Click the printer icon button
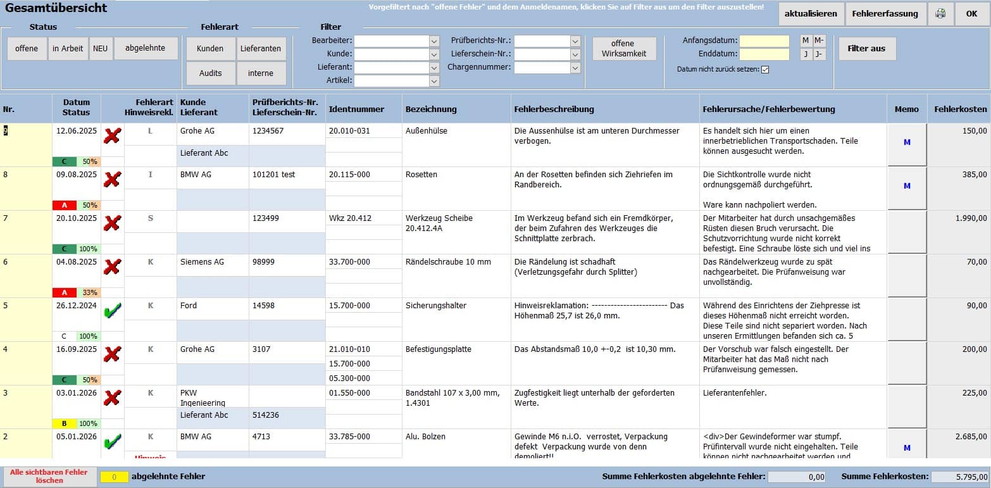click(941, 14)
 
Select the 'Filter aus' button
click(866, 49)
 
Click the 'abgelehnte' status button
click(146, 48)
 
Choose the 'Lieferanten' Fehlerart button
click(261, 49)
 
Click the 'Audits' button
click(210, 73)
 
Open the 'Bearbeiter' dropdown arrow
click(434, 41)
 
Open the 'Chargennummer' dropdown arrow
click(575, 68)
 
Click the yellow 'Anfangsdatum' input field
click(764, 41)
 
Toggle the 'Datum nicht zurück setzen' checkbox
click(765, 70)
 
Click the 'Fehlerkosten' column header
click(960, 109)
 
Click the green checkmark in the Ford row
click(112, 310)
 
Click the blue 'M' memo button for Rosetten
click(907, 186)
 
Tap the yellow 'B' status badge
click(64, 423)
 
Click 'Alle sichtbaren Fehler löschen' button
click(49, 476)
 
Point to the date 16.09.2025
click(76, 349)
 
